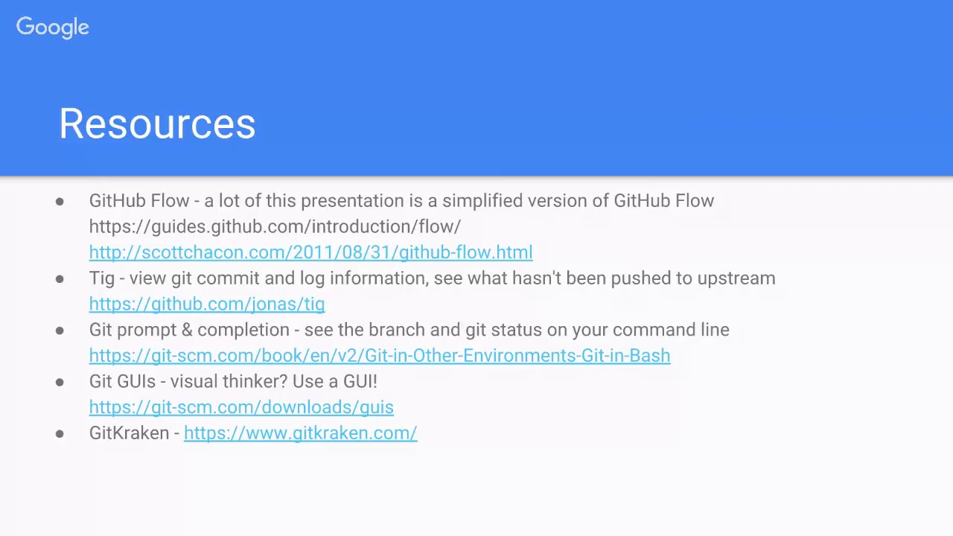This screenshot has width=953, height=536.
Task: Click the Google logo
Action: pos(52,28)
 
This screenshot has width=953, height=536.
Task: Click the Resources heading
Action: pos(157,124)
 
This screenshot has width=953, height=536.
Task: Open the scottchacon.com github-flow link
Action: pos(310,252)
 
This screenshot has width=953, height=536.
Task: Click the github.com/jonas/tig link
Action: pos(207,304)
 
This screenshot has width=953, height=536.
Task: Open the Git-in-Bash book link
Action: pos(380,356)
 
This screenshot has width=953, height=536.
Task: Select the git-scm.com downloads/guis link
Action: pos(241,407)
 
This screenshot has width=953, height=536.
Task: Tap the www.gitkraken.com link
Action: pos(300,433)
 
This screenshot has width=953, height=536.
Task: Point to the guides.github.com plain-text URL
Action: pos(275,226)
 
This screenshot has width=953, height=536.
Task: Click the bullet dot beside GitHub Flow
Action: pos(60,201)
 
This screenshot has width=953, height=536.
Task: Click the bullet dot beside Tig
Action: pos(60,278)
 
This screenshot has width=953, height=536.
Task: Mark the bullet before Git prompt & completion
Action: pos(60,330)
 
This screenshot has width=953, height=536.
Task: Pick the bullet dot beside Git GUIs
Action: pos(60,382)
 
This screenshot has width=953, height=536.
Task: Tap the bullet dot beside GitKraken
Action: pos(60,433)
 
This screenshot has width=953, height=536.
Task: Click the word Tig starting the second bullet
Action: pos(102,278)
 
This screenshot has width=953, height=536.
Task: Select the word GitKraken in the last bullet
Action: pos(129,433)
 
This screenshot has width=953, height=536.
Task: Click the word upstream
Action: pos(736,278)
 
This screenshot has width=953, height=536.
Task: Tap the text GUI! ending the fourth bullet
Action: pos(360,381)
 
